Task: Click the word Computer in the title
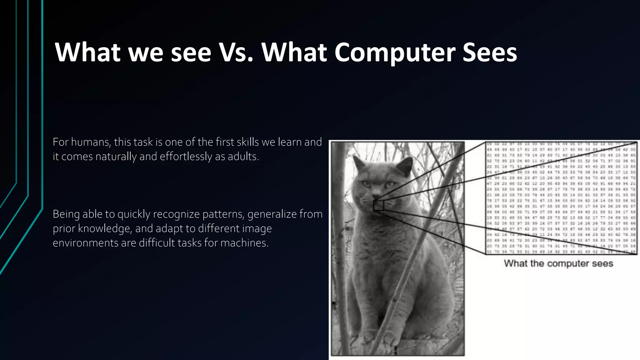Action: (x=394, y=52)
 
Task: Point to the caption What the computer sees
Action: (x=558, y=263)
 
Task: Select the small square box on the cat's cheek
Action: (x=378, y=205)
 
